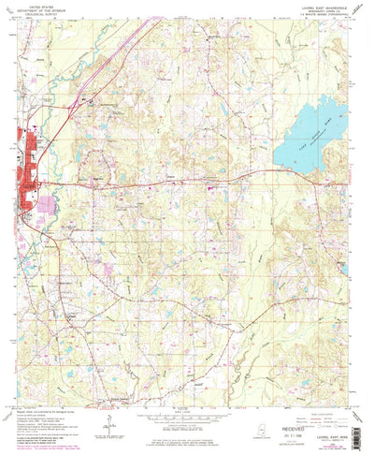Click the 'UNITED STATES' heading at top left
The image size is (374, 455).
pos(42,4)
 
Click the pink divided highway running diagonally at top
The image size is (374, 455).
pos(131,42)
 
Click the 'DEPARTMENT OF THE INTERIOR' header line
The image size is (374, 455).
pos(42,8)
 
